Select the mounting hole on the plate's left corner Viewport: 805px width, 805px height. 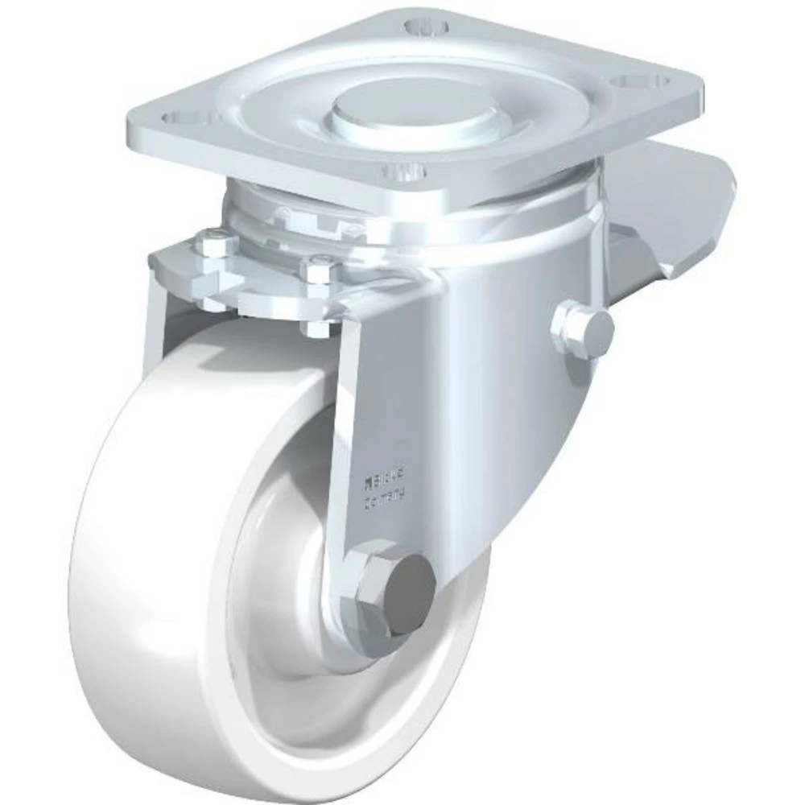pos(179,118)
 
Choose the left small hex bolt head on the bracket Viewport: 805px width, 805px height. pos(217,242)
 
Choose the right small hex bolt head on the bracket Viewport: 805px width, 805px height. pos(320,267)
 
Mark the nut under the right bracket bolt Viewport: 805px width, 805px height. pos(319,326)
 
